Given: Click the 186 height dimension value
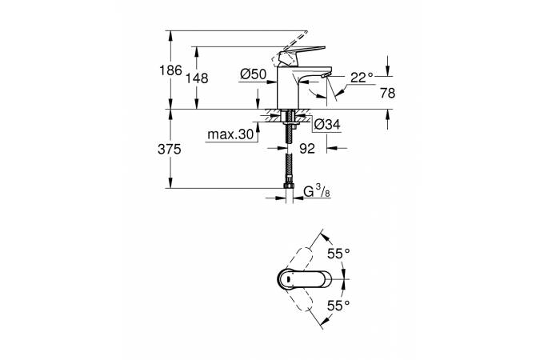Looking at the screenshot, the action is [x=170, y=70].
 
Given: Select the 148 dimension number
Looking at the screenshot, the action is [x=197, y=78].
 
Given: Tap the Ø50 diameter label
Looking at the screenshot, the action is [x=254, y=74].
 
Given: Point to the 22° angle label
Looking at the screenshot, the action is [x=362, y=78].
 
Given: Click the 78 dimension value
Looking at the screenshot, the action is [x=388, y=93].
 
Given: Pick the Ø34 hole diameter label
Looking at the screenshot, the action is [x=327, y=124].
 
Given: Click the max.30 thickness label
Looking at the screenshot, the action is [x=230, y=134].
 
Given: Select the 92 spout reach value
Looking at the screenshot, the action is [x=307, y=149].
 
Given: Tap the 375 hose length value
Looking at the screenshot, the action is [x=170, y=150].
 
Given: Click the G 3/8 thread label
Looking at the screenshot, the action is [x=317, y=191].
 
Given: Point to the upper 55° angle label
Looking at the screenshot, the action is [x=338, y=254].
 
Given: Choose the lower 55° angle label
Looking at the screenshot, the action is [x=338, y=306].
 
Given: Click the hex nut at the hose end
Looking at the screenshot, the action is [x=290, y=186].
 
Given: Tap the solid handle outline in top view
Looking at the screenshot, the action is [x=304, y=279].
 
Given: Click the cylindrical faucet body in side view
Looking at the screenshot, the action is [x=287, y=87].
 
